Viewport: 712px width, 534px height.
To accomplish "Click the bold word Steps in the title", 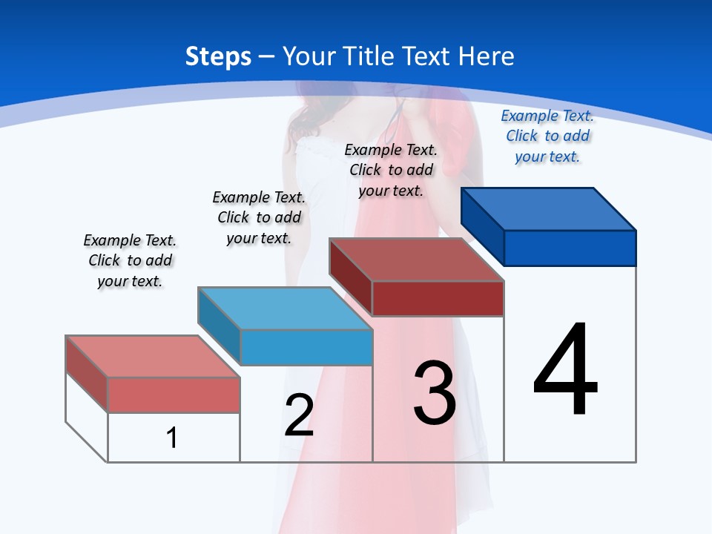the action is [218, 56].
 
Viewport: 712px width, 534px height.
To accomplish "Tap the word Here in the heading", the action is [487, 56].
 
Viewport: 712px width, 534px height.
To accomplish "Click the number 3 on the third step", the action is [435, 393].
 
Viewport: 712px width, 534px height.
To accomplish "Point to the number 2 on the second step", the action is [299, 415].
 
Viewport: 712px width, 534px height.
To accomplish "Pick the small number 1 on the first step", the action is [172, 438].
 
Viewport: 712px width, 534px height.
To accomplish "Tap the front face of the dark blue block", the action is [570, 248].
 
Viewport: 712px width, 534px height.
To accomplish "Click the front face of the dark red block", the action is [438, 298].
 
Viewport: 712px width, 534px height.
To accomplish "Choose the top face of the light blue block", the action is [285, 309].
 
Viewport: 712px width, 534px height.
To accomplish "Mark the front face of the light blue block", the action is [306, 347].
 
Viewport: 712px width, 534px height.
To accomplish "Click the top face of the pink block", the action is [153, 357].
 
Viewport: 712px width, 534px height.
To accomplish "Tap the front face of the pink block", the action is [174, 395].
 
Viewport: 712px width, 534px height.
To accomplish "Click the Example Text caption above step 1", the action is [130, 260].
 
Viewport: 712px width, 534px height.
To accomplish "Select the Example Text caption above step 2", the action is [259, 217].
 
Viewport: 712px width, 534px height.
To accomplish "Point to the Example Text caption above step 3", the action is [391, 170].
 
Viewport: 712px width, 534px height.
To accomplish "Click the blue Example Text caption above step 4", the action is [547, 136].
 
